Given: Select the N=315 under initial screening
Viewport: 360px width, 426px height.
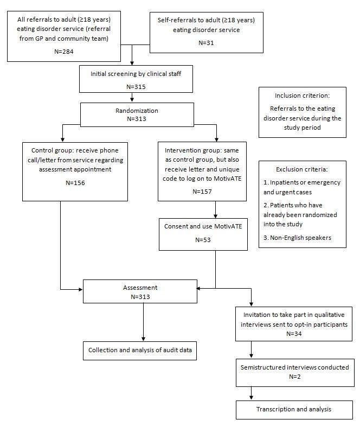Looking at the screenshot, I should click(x=132, y=85).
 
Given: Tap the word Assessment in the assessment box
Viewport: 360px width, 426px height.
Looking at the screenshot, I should click(x=140, y=288).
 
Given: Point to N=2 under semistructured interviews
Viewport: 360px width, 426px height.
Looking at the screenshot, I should click(x=295, y=376).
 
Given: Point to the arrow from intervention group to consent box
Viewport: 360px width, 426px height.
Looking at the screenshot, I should click(x=216, y=211).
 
